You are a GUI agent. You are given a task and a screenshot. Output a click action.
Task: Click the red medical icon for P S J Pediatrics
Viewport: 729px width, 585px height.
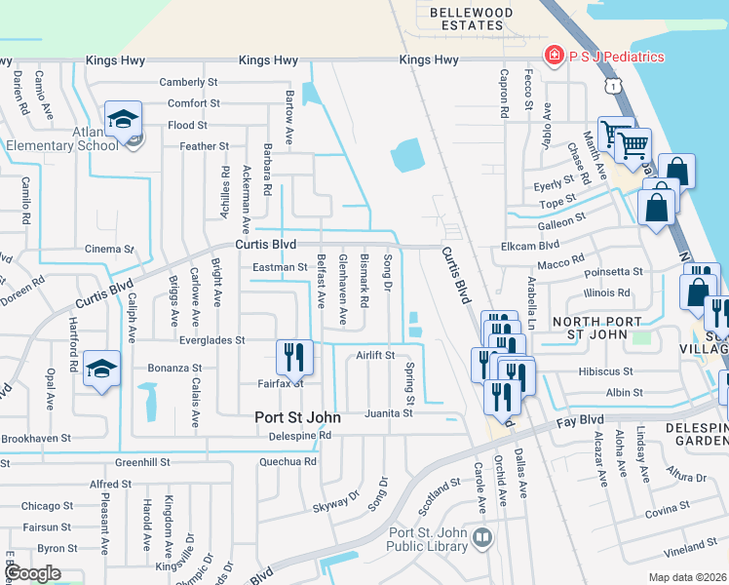pos(555,56)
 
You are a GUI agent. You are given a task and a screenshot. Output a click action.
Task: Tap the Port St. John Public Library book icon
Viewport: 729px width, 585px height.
pos(481,538)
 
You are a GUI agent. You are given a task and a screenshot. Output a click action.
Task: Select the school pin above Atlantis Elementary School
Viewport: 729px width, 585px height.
pos(124,120)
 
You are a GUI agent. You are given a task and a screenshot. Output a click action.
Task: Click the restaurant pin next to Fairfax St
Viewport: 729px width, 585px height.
pos(294,357)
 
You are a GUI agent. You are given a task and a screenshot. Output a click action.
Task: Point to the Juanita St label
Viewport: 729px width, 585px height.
pos(390,413)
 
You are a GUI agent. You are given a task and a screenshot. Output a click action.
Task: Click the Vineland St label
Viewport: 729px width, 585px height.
pos(689,550)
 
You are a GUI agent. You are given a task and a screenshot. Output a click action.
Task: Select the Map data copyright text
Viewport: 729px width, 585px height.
pos(688,577)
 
